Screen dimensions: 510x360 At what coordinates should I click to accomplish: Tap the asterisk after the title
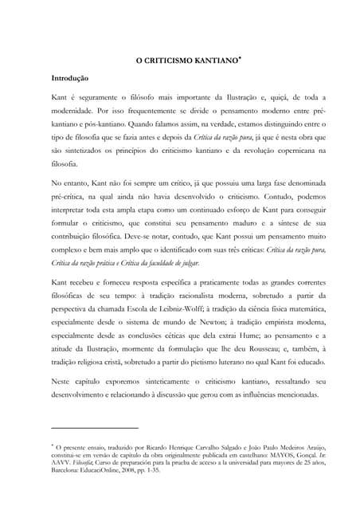[230, 57]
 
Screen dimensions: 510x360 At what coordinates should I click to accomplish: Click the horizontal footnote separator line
[94, 428]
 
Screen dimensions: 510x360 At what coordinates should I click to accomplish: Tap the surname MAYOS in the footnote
[273, 455]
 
